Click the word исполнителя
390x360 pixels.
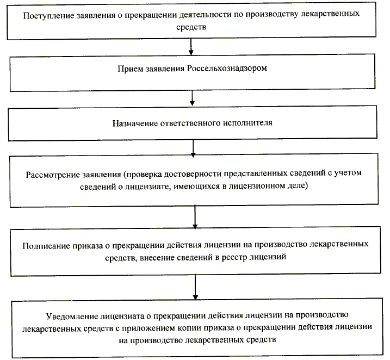click(247, 122)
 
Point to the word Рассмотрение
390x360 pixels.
click(51, 176)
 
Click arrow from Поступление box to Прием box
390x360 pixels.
click(190, 47)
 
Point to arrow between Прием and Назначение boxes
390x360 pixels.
click(192, 98)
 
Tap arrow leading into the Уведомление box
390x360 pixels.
click(195, 286)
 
